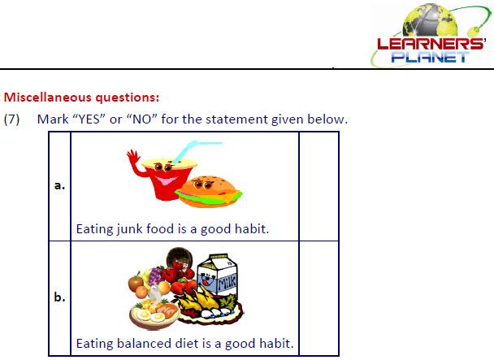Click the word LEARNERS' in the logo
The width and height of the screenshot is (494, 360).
431,44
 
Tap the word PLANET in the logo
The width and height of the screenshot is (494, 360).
430,57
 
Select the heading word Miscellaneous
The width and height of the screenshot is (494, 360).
48,97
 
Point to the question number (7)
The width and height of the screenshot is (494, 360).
11,119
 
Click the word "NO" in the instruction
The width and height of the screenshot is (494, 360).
141,119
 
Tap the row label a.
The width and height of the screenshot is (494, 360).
59,185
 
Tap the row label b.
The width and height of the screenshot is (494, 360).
59,297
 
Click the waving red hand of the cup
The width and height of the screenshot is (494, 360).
133,157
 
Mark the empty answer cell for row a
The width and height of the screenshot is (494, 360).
318,186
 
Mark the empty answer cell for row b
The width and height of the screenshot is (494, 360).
318,298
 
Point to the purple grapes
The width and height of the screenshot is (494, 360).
154,275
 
